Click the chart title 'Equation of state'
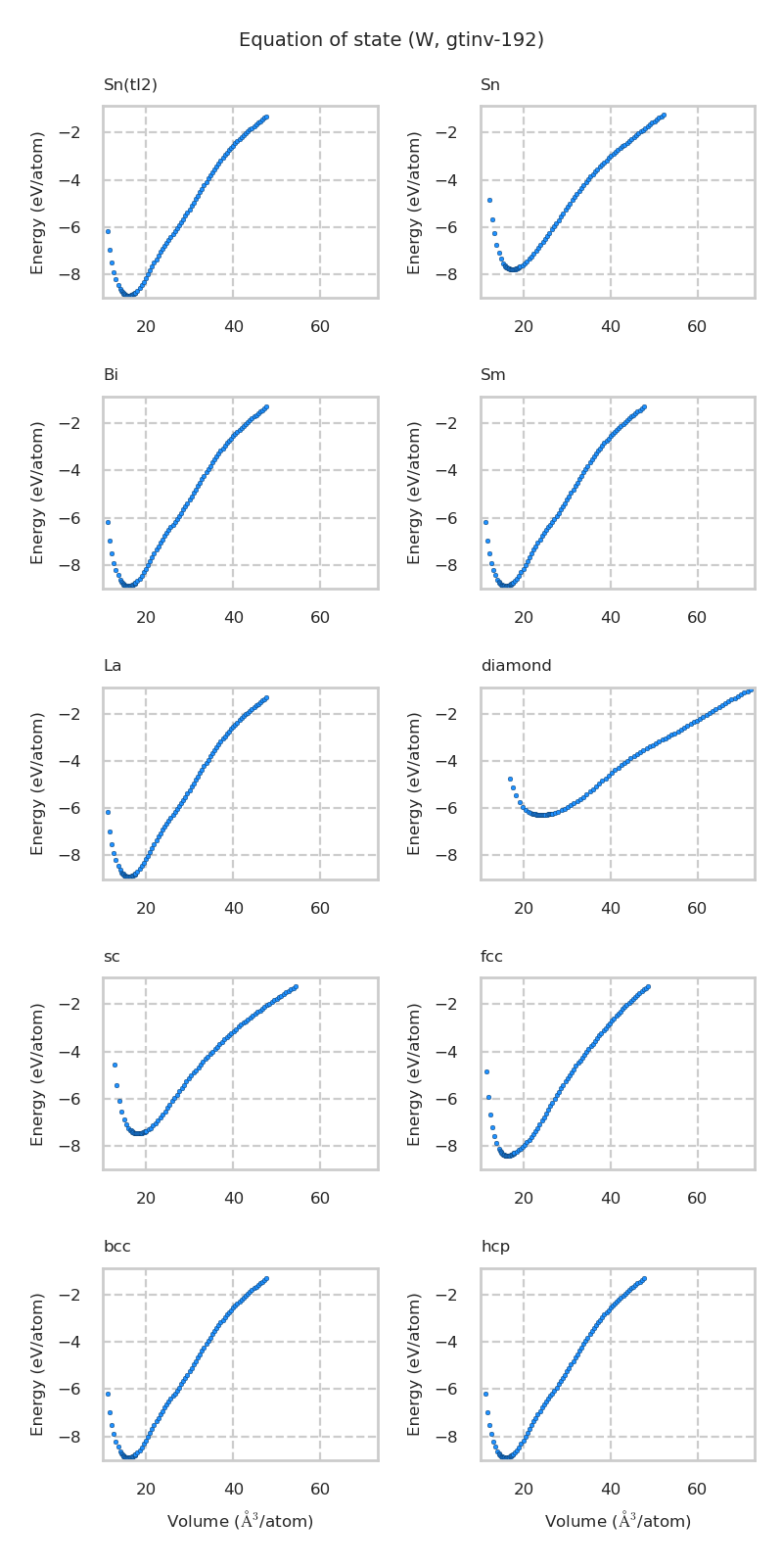pos(391,40)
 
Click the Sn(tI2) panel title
pos(130,85)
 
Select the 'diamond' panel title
pos(516,666)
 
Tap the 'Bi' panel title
pos(111,375)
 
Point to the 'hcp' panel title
pos(495,1247)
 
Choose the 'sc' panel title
pos(112,957)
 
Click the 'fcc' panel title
pos(491,957)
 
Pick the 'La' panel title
pos(113,666)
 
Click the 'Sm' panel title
pos(493,375)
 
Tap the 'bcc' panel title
pos(117,1247)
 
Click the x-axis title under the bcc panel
pos(241,1521)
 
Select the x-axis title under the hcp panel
pos(618,1521)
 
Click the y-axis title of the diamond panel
pos(415,783)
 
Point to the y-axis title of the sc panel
pos(38,1073)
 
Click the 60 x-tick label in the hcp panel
pos(697,1490)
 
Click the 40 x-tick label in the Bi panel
pos(233,618)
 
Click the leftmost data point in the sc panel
pos(115,1065)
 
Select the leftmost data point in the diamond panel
pos(510,779)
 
